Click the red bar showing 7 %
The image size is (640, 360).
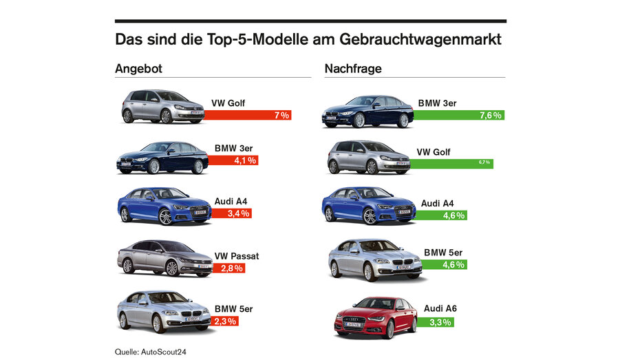point(248,116)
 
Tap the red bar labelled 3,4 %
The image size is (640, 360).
point(229,213)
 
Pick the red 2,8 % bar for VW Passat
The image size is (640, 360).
point(224,268)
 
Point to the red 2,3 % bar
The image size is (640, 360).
point(222,321)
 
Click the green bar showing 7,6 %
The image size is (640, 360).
point(458,116)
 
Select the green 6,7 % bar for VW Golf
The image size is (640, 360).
point(451,163)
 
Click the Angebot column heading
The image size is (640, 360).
point(138,69)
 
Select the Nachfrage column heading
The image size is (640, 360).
point(353,69)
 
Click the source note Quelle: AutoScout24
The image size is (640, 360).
point(151,352)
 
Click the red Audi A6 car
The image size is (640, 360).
point(376,317)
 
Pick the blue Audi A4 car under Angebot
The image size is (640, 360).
point(164,206)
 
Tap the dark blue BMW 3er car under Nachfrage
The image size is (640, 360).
point(367,112)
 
